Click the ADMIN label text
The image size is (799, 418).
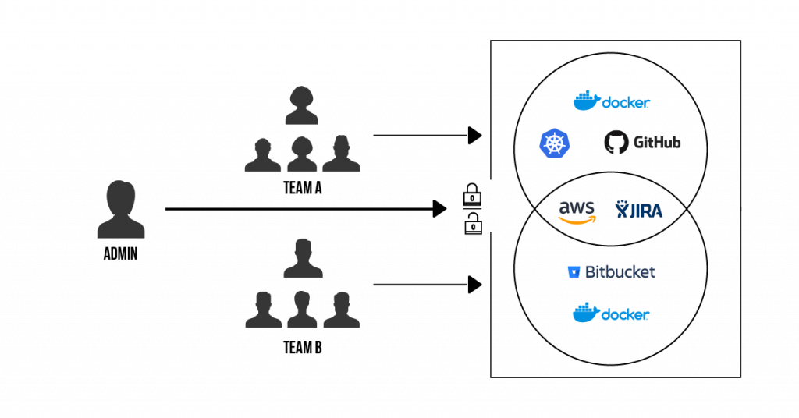(120, 253)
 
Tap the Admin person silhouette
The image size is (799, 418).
(121, 209)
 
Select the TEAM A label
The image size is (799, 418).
(303, 188)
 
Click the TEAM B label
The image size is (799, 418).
(303, 348)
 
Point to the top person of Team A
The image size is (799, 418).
(302, 105)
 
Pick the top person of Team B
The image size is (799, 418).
(303, 258)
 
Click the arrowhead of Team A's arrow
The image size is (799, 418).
(475, 136)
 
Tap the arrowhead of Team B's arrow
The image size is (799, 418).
(475, 285)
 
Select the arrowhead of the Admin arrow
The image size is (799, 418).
(440, 209)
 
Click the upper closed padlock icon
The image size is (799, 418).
(472, 194)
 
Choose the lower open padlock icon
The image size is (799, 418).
(473, 223)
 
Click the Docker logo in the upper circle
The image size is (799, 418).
(612, 101)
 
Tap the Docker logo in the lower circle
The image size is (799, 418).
(611, 313)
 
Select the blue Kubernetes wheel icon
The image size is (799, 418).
(555, 143)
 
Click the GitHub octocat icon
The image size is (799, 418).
(616, 142)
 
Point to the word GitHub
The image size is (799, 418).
(657, 142)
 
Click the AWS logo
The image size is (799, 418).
(577, 212)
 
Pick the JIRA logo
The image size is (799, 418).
(638, 209)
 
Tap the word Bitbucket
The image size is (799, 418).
(620, 272)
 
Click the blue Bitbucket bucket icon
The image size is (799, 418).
(574, 272)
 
